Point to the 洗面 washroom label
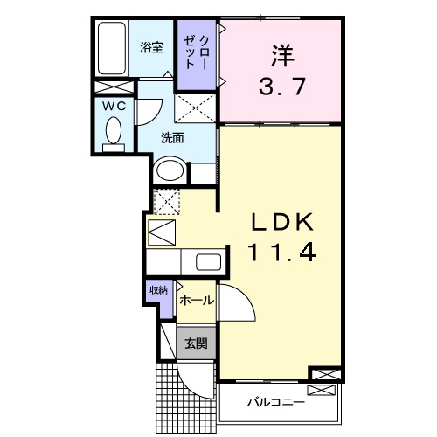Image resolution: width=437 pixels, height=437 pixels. (172, 138)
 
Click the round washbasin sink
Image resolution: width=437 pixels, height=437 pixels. (169, 170)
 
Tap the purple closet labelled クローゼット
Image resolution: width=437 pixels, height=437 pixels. (191, 54)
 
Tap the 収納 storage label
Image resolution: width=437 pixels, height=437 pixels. (158, 290)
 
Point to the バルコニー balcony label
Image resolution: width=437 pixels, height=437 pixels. (274, 403)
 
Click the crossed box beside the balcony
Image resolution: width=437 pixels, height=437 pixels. (323, 376)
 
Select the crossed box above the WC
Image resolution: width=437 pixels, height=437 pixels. (114, 88)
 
